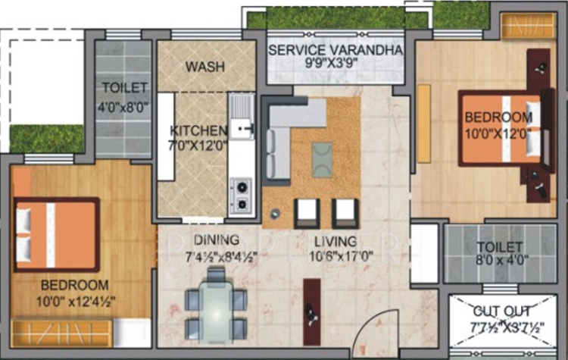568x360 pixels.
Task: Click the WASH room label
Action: [x=204, y=67]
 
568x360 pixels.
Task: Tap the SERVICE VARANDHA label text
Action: [x=336, y=50]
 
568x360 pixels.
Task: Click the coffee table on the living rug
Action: [x=322, y=159]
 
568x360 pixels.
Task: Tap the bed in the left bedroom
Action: [x=57, y=234]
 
